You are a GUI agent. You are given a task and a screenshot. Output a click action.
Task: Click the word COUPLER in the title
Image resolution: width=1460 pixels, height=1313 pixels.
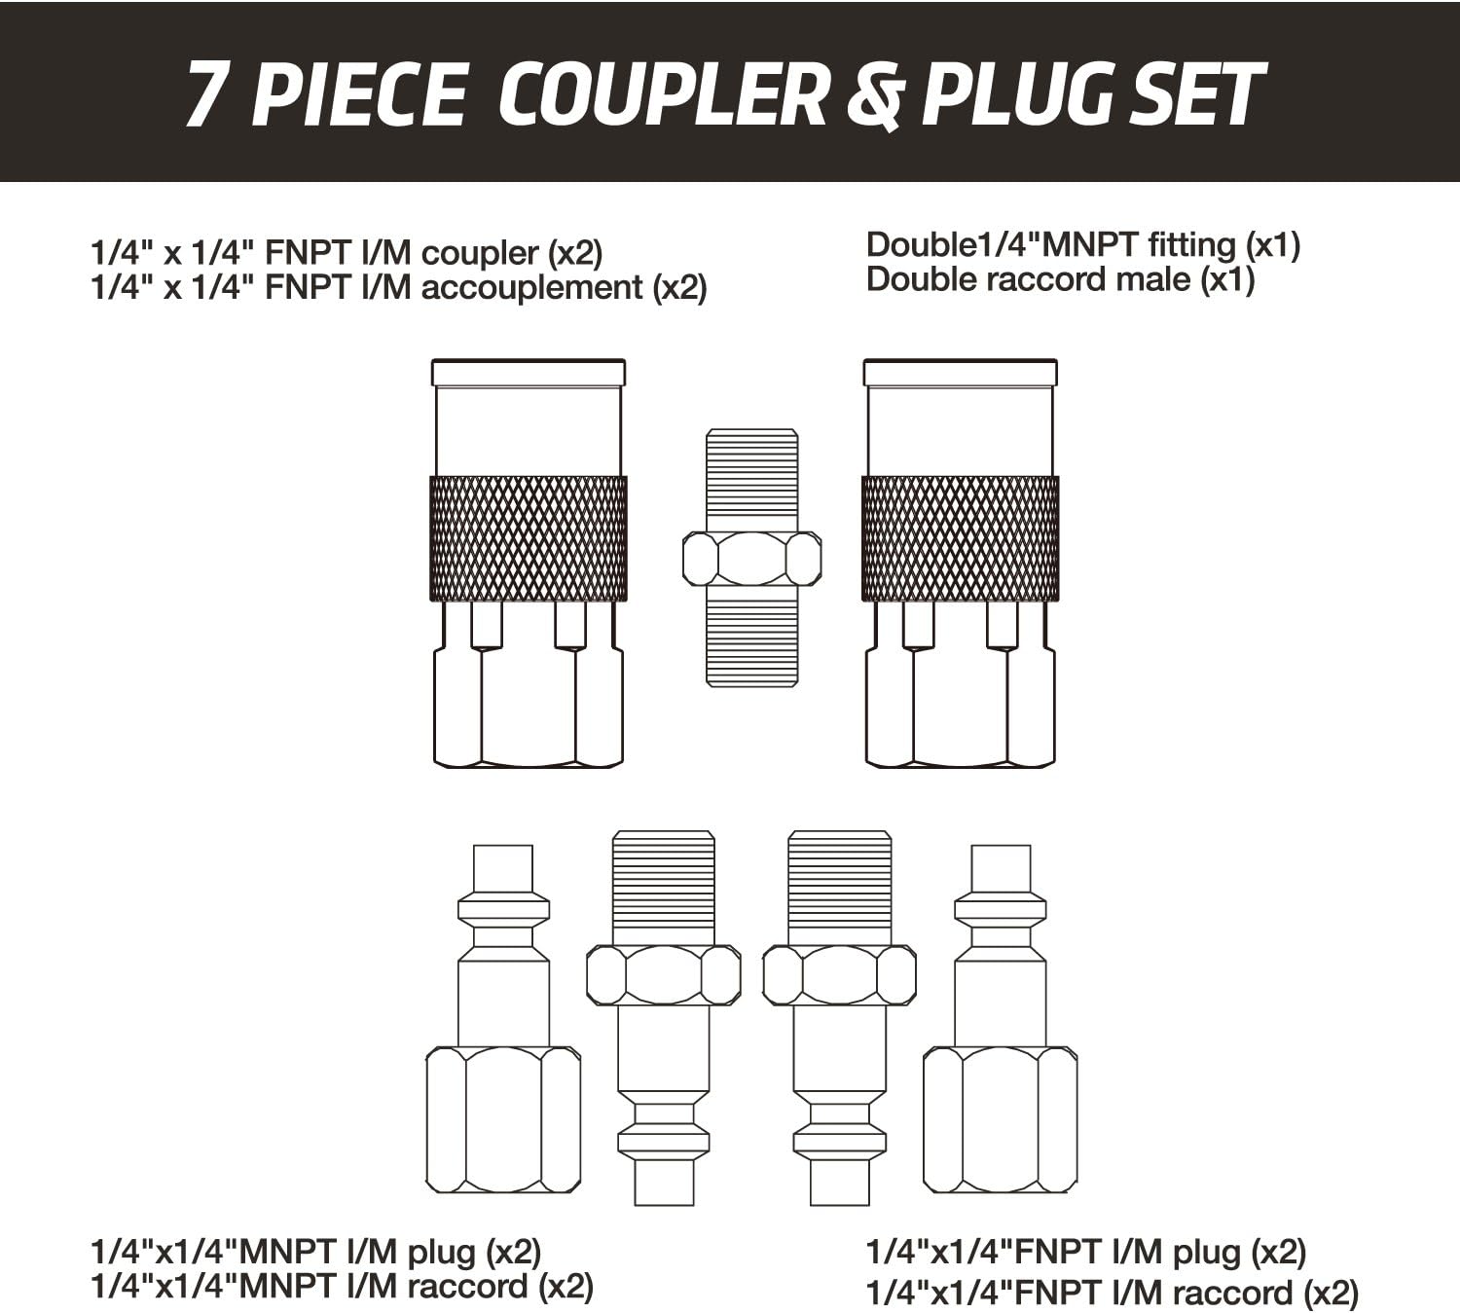click(x=666, y=95)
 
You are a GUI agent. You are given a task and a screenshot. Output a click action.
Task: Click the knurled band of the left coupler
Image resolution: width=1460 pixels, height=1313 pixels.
click(x=529, y=538)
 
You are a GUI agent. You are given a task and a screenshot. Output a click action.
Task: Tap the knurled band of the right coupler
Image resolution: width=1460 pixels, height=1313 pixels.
click(x=960, y=538)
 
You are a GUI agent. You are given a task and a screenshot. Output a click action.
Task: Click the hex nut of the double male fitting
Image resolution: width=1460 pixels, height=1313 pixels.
click(x=751, y=558)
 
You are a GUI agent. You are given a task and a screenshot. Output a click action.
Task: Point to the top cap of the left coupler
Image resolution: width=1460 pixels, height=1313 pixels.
click(x=529, y=373)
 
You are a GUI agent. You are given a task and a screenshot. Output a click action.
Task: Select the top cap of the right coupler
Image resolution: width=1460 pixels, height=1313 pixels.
click(x=960, y=373)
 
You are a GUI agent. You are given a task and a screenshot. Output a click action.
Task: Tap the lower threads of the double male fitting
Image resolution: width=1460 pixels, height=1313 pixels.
click(x=751, y=638)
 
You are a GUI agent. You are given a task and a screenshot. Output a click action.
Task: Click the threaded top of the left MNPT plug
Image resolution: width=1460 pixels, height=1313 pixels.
click(x=664, y=886)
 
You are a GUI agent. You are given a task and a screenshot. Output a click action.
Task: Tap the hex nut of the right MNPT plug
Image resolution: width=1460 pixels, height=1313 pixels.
click(x=839, y=974)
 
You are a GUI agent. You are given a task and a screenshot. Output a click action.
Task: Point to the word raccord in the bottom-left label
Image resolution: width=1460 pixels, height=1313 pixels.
click(x=468, y=1287)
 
